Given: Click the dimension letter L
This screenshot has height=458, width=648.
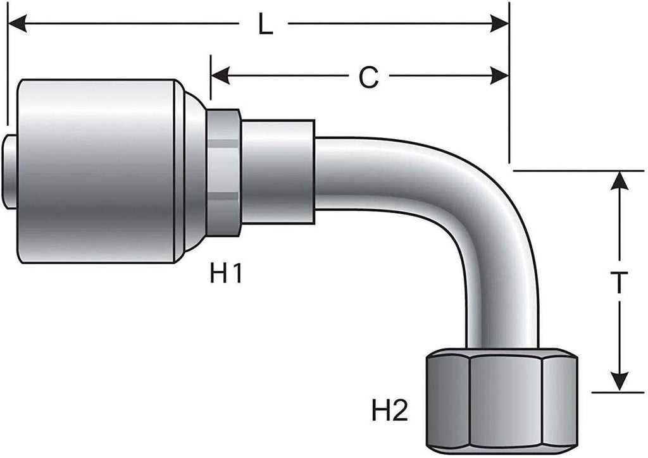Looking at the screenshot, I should pyautogui.click(x=264, y=25).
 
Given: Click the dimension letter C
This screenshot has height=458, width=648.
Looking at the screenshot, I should pyautogui.click(x=368, y=77).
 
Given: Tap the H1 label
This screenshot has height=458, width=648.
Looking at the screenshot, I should pyautogui.click(x=226, y=274).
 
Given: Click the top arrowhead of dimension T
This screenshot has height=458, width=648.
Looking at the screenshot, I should pyautogui.click(x=621, y=180).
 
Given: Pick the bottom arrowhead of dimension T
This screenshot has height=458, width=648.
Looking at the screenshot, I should pyautogui.click(x=621, y=383).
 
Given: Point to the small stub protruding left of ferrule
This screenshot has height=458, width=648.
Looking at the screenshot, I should pyautogui.click(x=11, y=171).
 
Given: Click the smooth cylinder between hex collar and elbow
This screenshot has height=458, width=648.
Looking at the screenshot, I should pyautogui.click(x=278, y=171).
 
